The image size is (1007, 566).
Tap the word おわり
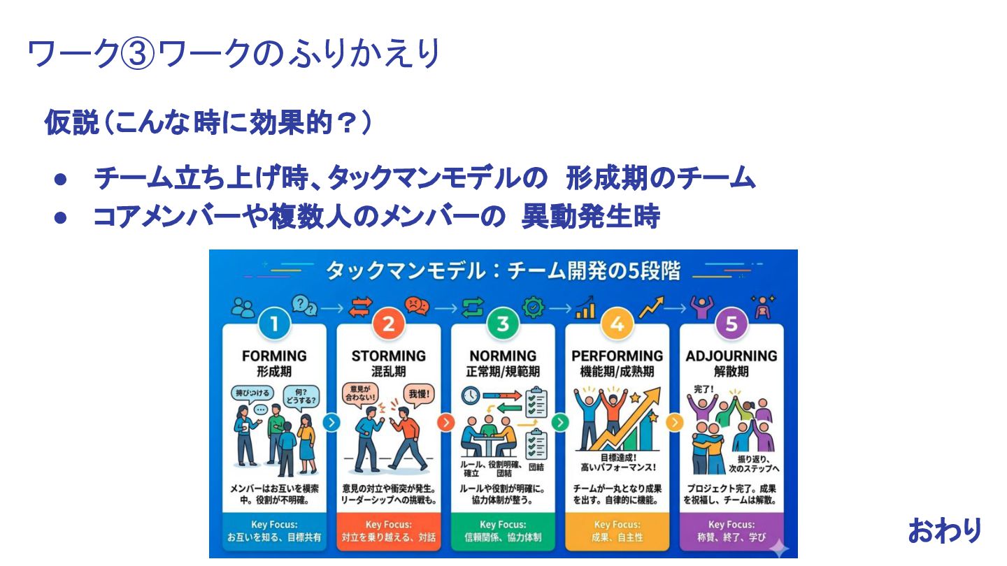[945, 530]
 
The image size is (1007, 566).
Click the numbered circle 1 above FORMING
[274, 324]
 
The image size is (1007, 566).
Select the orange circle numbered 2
[389, 324]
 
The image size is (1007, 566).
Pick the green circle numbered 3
[503, 324]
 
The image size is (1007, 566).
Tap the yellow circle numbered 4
[617, 324]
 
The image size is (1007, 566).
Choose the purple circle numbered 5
[731, 324]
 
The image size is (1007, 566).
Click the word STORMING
[389, 356]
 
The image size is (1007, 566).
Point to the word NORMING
[503, 356]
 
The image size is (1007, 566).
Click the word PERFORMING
[617, 356]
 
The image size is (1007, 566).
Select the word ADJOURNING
[731, 356]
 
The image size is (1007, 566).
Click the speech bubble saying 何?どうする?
[302, 397]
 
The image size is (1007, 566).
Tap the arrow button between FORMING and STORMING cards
[331, 422]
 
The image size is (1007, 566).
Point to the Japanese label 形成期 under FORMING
[274, 372]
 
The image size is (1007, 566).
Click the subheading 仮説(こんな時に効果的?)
[207, 123]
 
